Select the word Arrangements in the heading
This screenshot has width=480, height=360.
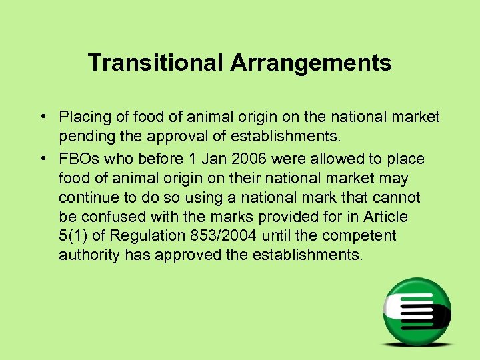click(x=311, y=63)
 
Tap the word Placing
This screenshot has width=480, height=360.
click(x=83, y=118)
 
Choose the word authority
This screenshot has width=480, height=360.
click(x=87, y=255)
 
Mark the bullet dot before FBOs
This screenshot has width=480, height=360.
click(x=42, y=159)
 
